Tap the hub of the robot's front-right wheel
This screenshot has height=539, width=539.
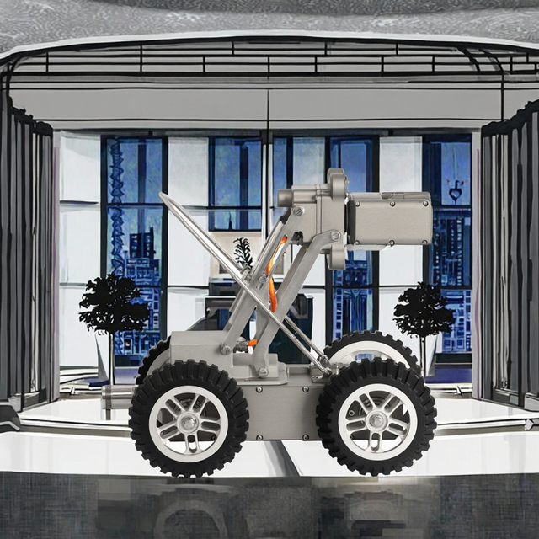tap(376, 419)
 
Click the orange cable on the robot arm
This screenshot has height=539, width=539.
tap(271, 278)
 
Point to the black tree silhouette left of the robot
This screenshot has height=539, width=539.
tap(113, 305)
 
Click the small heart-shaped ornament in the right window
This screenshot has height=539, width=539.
tap(456, 193)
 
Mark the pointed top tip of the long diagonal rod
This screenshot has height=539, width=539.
tap(161, 195)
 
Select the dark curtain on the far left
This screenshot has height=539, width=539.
tap(25, 253)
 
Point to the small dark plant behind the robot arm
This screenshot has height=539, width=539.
tap(243, 253)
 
